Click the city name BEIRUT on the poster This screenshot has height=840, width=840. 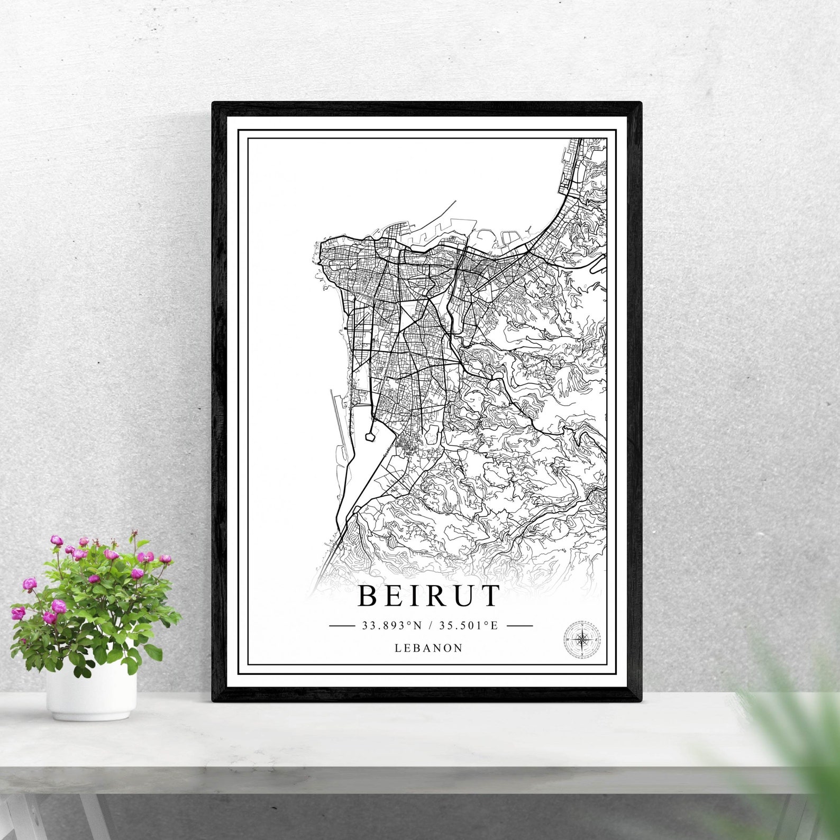point(428,596)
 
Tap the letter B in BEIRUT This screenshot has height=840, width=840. point(368,596)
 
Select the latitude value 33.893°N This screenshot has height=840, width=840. point(392,626)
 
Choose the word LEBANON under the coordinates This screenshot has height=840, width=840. point(428,648)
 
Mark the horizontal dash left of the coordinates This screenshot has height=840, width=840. point(342,626)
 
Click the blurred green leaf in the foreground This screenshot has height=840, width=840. point(788,741)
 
